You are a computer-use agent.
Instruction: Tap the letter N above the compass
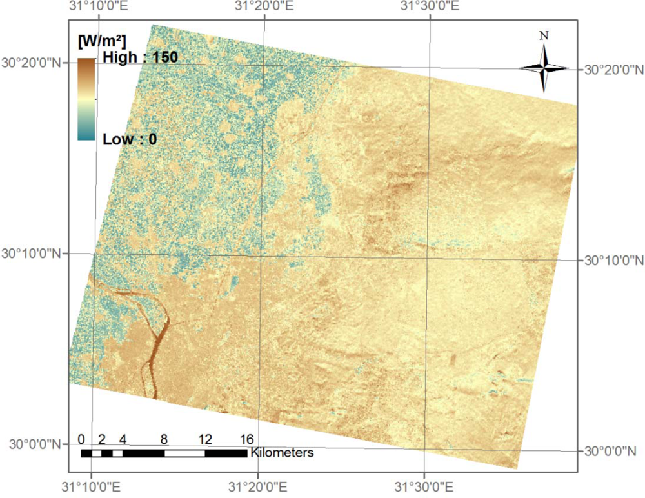click(x=544, y=36)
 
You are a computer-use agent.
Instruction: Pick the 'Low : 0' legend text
click(x=130, y=138)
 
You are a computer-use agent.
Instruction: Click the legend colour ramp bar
click(x=86, y=99)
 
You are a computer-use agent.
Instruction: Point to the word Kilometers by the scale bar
click(x=282, y=452)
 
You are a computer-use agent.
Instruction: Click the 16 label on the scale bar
click(x=246, y=439)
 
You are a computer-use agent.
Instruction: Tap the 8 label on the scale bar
click(x=164, y=439)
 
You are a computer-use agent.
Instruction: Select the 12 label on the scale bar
click(x=205, y=439)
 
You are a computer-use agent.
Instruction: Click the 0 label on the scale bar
click(x=81, y=439)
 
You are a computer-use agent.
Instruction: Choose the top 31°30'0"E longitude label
click(x=430, y=8)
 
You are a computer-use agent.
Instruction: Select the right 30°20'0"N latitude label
click(x=613, y=69)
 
